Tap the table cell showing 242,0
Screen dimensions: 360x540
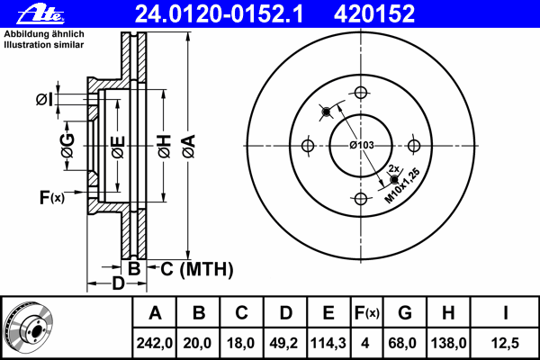tap(155, 342)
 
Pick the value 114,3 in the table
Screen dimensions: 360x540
tap(328, 342)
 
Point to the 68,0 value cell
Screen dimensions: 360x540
tap(405, 342)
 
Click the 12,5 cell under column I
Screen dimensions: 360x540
tap(506, 342)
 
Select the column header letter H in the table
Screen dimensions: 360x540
tap(448, 313)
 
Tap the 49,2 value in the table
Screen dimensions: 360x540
tap(285, 342)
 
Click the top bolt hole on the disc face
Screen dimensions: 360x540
tap(362, 92)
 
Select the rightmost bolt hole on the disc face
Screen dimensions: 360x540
tap(415, 146)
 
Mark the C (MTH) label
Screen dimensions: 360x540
tap(191, 268)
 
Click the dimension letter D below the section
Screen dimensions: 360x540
tap(117, 285)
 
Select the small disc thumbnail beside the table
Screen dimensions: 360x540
tap(29, 328)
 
